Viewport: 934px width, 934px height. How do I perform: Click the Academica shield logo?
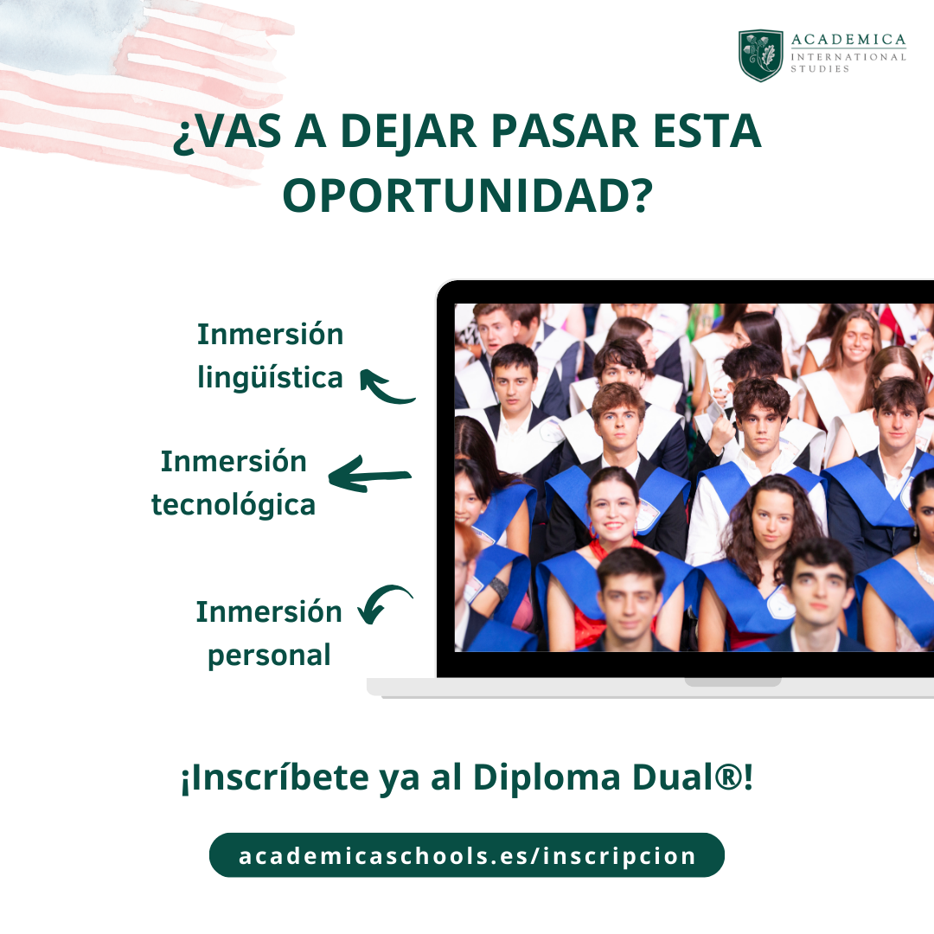click(761, 55)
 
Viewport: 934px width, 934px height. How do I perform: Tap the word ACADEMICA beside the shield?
click(848, 40)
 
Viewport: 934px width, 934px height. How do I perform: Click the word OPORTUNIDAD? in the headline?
click(468, 195)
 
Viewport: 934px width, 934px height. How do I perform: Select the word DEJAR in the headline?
click(408, 131)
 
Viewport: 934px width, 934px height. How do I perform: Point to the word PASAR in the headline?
click(565, 131)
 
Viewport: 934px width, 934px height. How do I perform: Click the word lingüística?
click(271, 378)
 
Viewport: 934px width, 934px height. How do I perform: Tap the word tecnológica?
click(233, 504)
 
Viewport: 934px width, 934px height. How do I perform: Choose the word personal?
click(269, 656)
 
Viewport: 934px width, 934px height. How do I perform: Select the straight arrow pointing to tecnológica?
click(369, 475)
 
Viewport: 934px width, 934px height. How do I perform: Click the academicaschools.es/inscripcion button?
click(467, 855)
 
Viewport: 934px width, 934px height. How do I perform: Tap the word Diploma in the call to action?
click(547, 778)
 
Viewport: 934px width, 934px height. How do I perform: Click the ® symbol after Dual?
click(727, 777)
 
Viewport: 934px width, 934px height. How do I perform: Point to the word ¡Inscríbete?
click(275, 778)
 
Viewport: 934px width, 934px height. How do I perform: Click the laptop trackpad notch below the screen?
click(732, 682)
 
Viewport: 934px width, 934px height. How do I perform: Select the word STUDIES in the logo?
click(820, 69)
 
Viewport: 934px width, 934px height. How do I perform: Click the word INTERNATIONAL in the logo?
click(848, 57)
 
